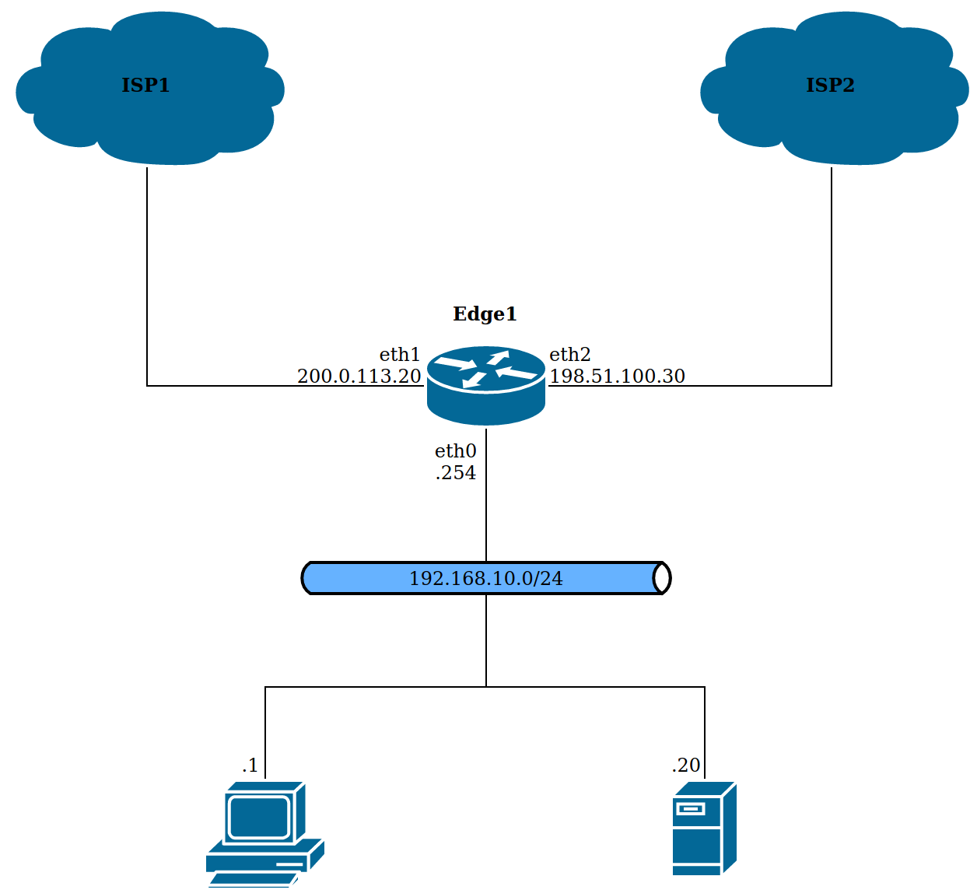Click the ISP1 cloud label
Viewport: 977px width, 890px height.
(145, 85)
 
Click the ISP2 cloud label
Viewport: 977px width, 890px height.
(830, 85)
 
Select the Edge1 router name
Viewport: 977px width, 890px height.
(485, 314)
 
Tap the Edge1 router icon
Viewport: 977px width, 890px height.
(486, 385)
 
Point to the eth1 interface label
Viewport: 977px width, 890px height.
(400, 355)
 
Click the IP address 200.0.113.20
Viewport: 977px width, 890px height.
(359, 377)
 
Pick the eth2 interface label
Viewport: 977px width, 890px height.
(570, 355)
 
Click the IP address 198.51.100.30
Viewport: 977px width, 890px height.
(618, 377)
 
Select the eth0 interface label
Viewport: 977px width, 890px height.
(455, 451)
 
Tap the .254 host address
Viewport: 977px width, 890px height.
(456, 473)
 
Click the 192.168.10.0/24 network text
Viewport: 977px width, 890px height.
(486, 579)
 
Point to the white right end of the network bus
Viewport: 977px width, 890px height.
(661, 578)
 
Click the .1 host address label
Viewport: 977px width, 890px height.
(250, 766)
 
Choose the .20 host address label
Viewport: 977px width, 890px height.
(686, 766)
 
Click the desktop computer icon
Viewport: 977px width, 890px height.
(264, 832)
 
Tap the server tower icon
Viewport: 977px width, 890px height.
(704, 829)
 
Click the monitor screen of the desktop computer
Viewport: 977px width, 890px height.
(260, 818)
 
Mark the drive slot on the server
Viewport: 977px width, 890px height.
(691, 809)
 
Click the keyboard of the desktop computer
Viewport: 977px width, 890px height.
(253, 880)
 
